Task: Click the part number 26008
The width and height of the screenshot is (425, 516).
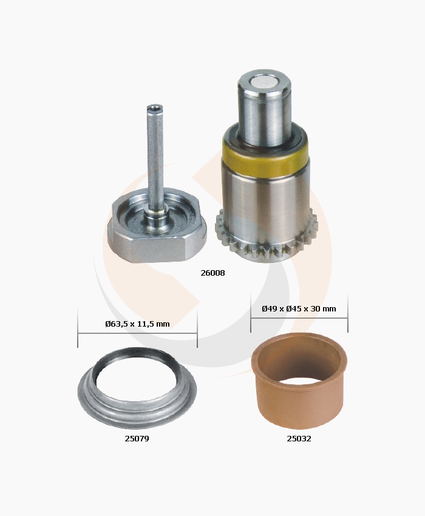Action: pyautogui.click(x=212, y=273)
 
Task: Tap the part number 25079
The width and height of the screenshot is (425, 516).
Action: pyautogui.click(x=137, y=439)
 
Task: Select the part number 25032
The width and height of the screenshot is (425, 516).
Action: pyautogui.click(x=299, y=439)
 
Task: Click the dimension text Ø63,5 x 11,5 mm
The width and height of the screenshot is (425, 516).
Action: pyautogui.click(x=138, y=324)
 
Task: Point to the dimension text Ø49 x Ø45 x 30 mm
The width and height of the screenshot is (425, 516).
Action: pyautogui.click(x=299, y=308)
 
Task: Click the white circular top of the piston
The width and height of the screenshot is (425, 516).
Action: pyautogui.click(x=265, y=84)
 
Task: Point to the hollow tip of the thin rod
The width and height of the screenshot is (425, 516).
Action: pyautogui.click(x=155, y=107)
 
